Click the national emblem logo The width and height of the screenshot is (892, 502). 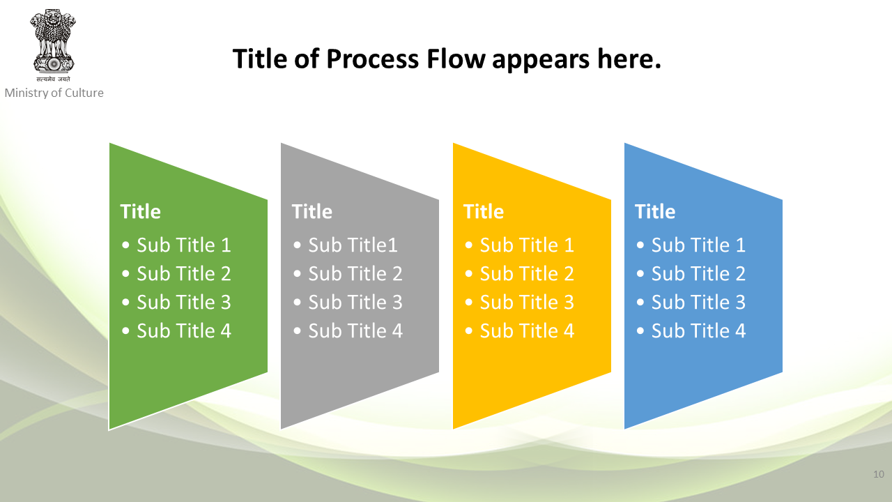(53, 45)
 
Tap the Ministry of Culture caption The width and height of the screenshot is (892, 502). (54, 93)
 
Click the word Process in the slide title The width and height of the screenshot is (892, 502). (373, 59)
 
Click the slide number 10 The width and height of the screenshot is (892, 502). (879, 474)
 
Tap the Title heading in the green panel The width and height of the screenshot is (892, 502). (140, 211)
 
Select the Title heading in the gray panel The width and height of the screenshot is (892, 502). (312, 211)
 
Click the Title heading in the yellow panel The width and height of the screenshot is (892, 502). (484, 211)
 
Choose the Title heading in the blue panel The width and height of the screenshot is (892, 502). (655, 211)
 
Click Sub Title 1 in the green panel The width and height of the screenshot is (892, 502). (184, 245)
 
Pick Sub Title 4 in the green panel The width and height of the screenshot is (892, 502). (184, 330)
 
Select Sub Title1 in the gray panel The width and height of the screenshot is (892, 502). (353, 245)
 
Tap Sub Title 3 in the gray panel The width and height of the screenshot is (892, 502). (355, 302)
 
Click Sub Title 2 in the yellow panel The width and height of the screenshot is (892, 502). (527, 273)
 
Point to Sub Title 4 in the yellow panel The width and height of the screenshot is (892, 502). (527, 330)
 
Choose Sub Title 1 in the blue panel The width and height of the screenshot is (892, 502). (698, 245)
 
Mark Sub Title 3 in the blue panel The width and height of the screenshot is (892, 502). (698, 302)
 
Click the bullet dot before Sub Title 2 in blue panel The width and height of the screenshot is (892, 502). (640, 274)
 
